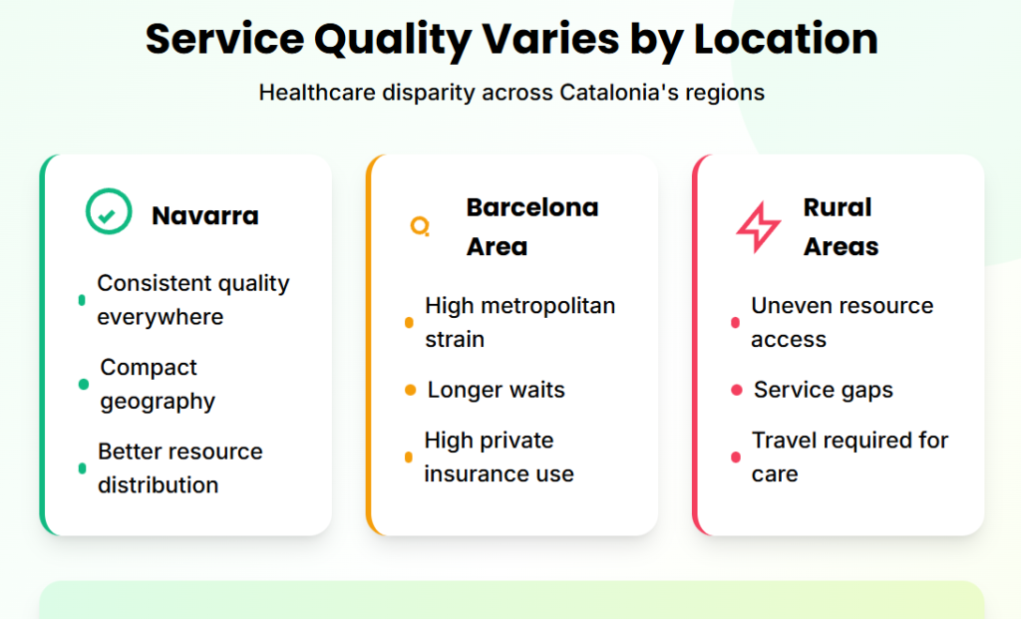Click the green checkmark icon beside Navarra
click(109, 211)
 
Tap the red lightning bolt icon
click(758, 227)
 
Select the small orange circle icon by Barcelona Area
click(420, 226)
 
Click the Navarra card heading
click(205, 215)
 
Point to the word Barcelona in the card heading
click(532, 207)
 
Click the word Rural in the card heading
click(838, 207)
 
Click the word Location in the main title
click(786, 39)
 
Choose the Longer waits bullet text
click(497, 390)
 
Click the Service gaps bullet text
click(823, 390)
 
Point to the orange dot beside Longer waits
click(410, 390)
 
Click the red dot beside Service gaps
click(737, 390)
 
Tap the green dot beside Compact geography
click(84, 384)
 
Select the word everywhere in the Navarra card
click(161, 317)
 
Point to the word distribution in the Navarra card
click(159, 484)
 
